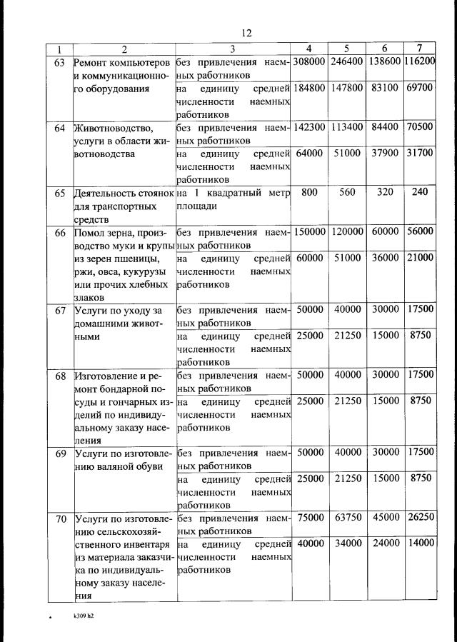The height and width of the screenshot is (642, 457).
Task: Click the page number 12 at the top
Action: click(247, 33)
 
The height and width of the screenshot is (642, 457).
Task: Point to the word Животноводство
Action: click(114, 128)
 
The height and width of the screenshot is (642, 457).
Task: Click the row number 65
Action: click(59, 192)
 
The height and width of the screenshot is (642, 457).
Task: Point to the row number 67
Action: click(59, 310)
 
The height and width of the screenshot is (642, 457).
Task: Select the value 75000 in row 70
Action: click(309, 517)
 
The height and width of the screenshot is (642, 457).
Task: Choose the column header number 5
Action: click(346, 49)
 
